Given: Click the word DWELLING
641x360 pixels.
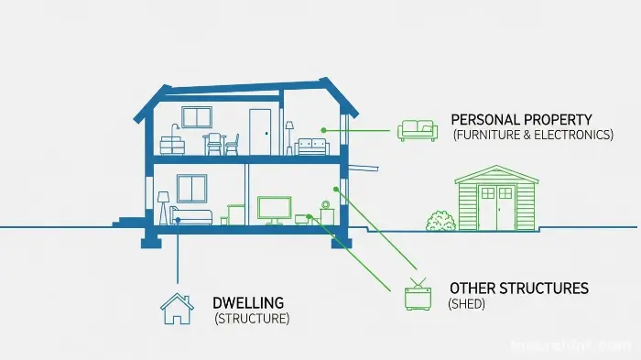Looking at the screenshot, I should tap(247, 302).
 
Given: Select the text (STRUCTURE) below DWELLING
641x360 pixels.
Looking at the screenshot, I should tap(252, 319).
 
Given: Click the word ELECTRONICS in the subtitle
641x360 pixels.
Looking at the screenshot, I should tap(574, 135).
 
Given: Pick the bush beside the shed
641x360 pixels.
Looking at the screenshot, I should tap(440, 221).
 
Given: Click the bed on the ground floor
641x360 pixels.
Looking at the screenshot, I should tap(190, 216).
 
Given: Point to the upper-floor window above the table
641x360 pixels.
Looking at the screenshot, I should tap(196, 117).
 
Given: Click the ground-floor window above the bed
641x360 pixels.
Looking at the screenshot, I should tap(191, 188).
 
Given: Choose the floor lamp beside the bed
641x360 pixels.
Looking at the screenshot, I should tap(164, 206).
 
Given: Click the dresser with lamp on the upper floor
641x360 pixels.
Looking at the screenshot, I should tap(172, 143).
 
